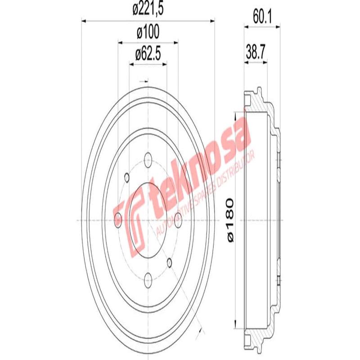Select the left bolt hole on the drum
tap(118, 220)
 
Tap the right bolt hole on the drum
tap(178, 220)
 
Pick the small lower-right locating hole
tap(170, 262)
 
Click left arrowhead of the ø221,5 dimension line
tap(84, 20)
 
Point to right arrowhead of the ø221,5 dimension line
tap(212, 20)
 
